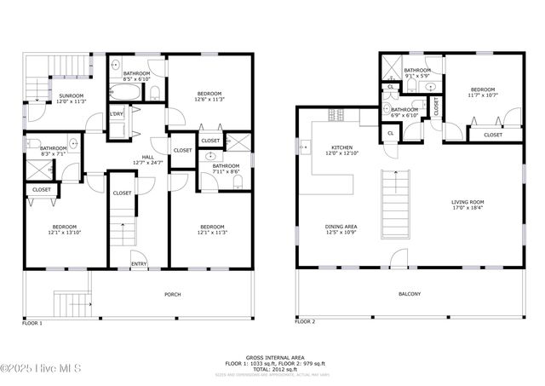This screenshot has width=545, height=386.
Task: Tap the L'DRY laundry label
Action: (x=117, y=114)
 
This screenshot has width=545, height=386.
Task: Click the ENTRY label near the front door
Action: (x=138, y=264)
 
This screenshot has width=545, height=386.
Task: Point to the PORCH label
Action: (x=172, y=295)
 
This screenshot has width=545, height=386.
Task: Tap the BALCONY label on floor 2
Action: (x=410, y=295)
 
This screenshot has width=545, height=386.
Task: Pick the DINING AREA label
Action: (x=341, y=227)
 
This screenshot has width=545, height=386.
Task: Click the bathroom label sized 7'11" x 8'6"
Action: (x=226, y=166)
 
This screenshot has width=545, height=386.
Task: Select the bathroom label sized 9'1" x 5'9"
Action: (x=417, y=71)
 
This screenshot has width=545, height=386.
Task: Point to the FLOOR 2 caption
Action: (x=306, y=322)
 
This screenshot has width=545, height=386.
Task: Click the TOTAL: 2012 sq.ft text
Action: (x=272, y=368)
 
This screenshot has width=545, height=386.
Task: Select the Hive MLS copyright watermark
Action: (x=40, y=368)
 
